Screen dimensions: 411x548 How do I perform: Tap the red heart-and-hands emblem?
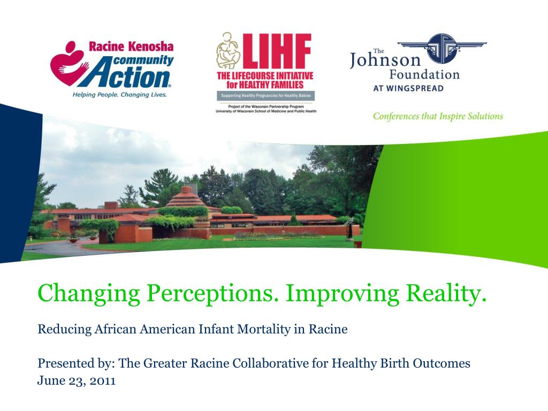pos(66,64)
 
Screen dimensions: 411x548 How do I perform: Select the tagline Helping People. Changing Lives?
pos(120,95)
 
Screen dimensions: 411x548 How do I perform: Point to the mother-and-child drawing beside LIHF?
pos(227,56)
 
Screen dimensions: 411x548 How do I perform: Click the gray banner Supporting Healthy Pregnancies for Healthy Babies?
pos(265,96)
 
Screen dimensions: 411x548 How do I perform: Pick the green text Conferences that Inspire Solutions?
pos(438,116)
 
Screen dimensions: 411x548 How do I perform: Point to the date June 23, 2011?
pos(77,381)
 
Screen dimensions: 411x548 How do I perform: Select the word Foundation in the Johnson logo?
pos(424,74)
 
